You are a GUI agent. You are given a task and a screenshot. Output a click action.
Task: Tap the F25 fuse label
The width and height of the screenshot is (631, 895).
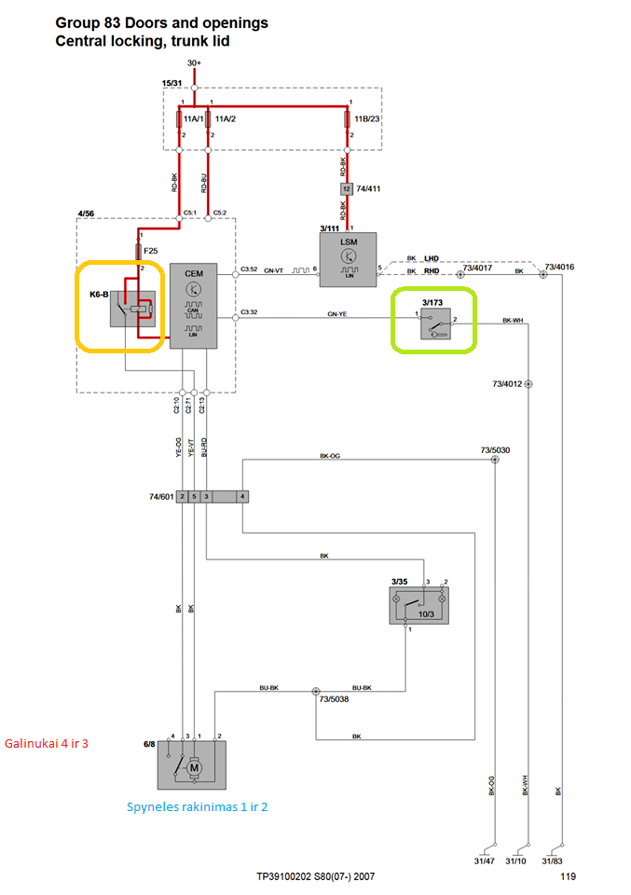pyautogui.click(x=150, y=252)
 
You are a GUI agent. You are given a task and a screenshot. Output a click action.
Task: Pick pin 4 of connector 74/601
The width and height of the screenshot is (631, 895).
pyautogui.click(x=242, y=498)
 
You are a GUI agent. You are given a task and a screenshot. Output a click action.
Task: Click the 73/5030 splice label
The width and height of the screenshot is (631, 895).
pyautogui.click(x=494, y=450)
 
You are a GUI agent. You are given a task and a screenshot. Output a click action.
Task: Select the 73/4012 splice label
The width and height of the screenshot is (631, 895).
pyautogui.click(x=507, y=383)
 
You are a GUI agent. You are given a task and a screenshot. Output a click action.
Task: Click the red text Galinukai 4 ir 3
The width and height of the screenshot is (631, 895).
pyautogui.click(x=46, y=743)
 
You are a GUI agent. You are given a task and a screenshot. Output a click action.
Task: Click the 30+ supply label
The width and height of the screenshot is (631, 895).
pyautogui.click(x=194, y=63)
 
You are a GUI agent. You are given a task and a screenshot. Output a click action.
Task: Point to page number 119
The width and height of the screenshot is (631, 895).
pyautogui.click(x=569, y=877)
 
